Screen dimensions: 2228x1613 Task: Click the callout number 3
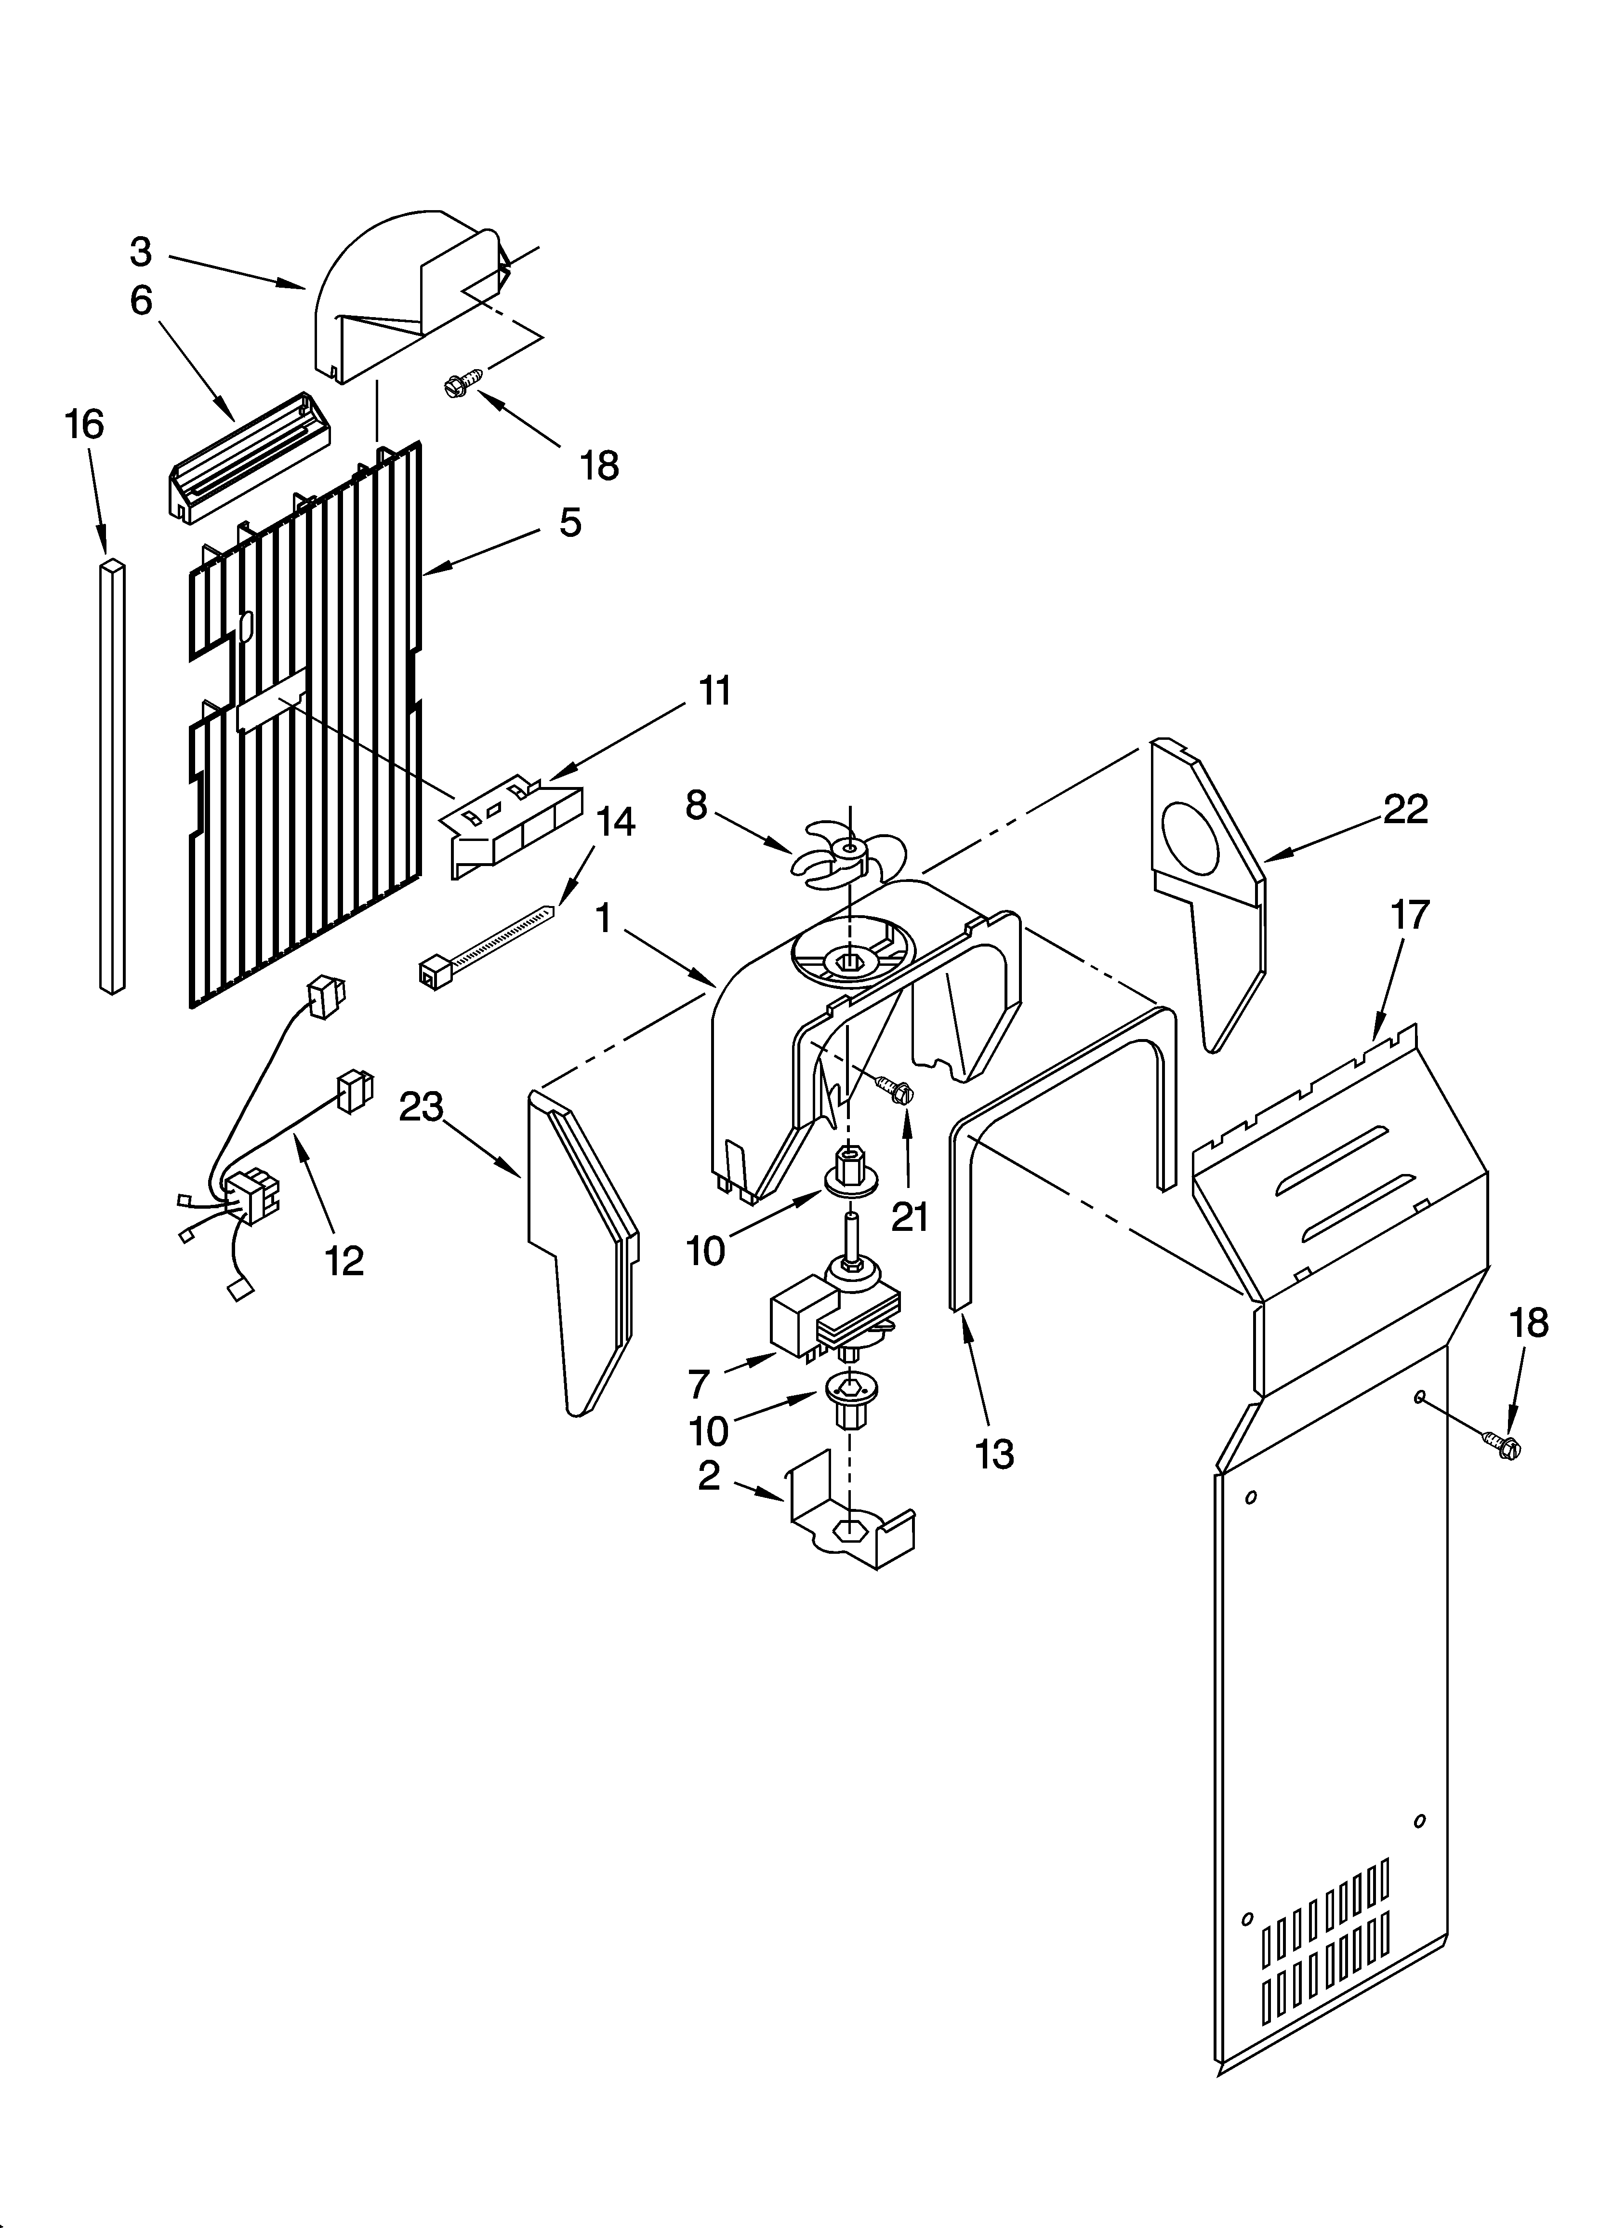point(141,253)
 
